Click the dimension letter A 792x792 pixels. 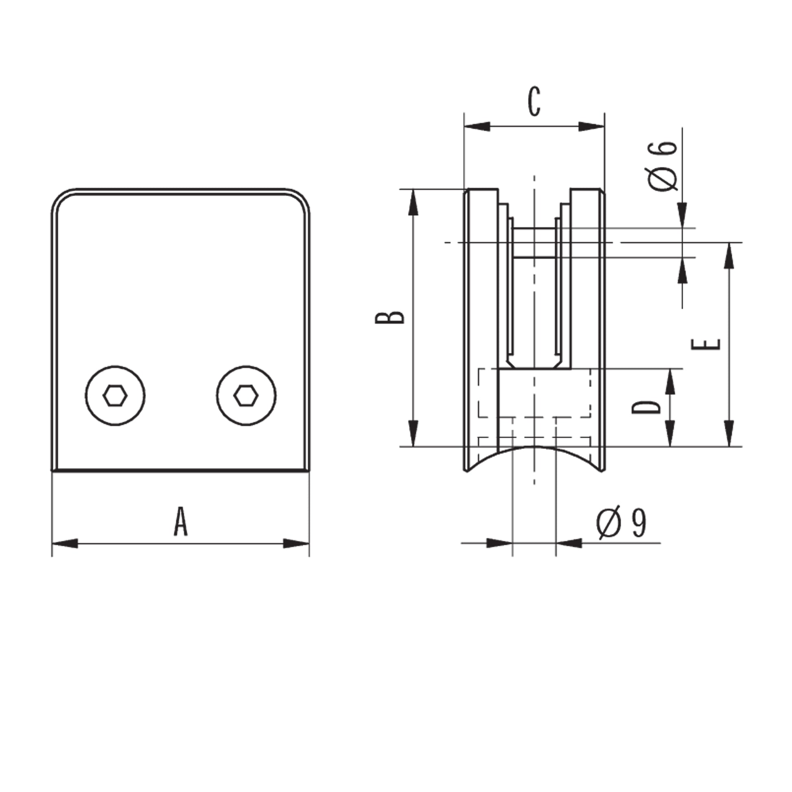(180, 521)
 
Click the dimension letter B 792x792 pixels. (390, 318)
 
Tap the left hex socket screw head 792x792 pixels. (115, 396)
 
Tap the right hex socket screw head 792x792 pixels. (246, 396)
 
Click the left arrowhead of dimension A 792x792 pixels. (65, 544)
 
